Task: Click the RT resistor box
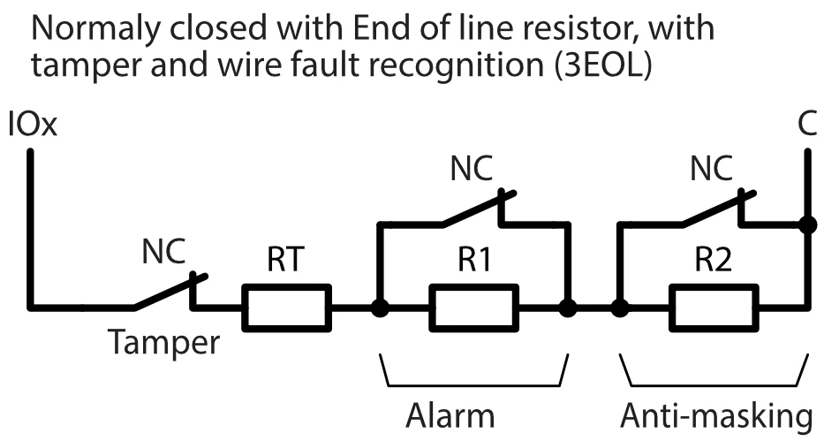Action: (x=286, y=309)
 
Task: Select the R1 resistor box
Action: (x=473, y=309)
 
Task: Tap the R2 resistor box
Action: (x=713, y=309)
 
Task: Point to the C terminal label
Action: (x=806, y=125)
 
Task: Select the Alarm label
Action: (x=450, y=415)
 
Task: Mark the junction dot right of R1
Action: (x=568, y=309)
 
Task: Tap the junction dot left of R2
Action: (x=620, y=309)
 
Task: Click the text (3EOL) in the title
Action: (x=604, y=68)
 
